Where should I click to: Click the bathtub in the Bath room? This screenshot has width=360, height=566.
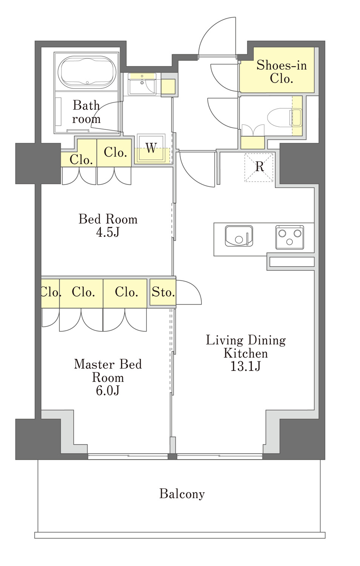coord(87,72)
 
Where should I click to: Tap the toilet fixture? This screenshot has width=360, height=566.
coord(285,117)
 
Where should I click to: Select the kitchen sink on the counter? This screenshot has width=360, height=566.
coord(239,236)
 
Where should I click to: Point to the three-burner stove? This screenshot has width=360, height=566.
coord(289,237)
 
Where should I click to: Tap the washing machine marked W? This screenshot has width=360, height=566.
coord(151,148)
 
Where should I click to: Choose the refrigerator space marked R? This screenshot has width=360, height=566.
coord(259,167)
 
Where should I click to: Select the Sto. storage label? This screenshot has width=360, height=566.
coord(163,292)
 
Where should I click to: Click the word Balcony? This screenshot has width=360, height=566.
coord(182,494)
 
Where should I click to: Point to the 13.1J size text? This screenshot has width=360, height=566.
coord(245,366)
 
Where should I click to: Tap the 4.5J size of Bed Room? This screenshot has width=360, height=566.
coord(108,232)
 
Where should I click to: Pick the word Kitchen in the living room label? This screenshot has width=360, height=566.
coord(246,353)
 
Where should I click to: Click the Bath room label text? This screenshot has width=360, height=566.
coord(86,112)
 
